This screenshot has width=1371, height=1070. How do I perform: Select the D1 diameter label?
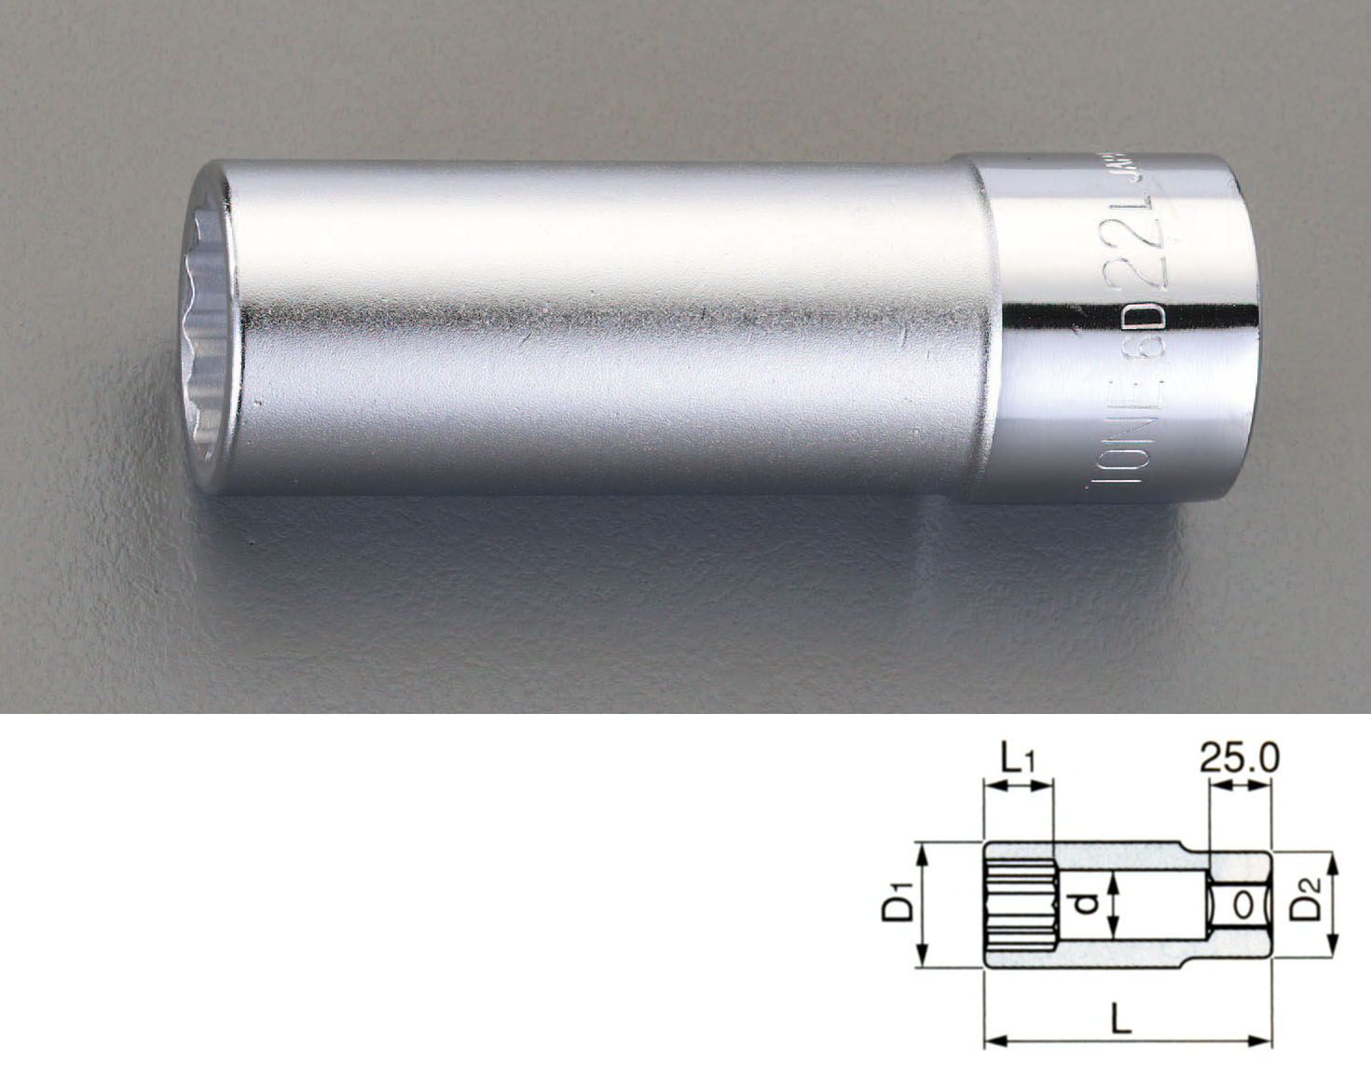click(897, 905)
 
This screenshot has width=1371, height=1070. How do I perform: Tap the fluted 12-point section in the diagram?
click(1019, 905)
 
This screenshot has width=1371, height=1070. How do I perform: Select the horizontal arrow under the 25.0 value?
click(1241, 788)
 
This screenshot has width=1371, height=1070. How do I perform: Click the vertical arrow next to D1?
click(922, 905)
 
